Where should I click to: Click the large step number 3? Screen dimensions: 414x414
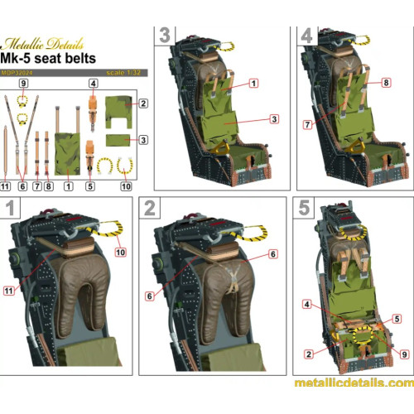(x=165, y=37)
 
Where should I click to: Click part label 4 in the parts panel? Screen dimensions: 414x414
(x=94, y=84)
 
